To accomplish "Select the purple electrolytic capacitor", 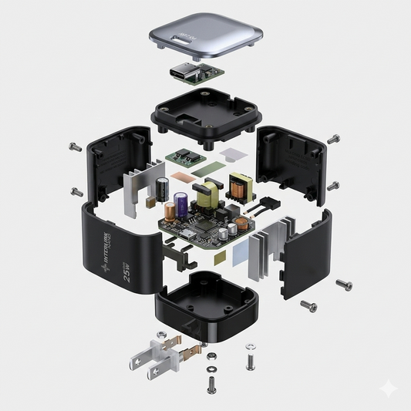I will click(x=180, y=205).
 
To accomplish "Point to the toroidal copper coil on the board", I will click(x=240, y=224).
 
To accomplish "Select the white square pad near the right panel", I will click(x=229, y=155).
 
